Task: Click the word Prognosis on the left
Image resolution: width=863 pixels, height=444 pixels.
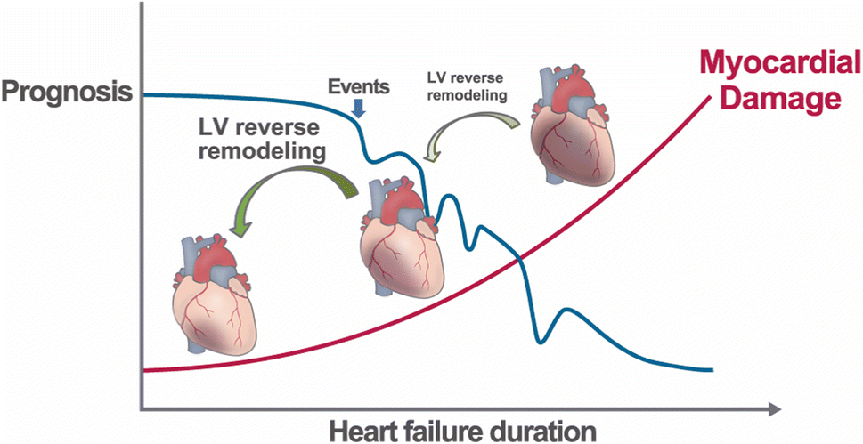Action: click(x=66, y=92)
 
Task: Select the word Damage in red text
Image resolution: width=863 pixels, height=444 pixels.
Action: click(x=781, y=97)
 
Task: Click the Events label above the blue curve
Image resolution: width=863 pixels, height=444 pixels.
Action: click(x=358, y=87)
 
